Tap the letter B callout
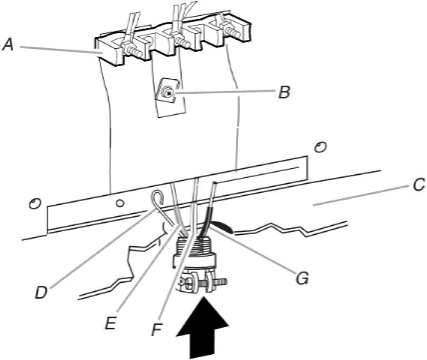tap(283, 92)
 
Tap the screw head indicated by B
tap(168, 94)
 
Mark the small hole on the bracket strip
tap(119, 203)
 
